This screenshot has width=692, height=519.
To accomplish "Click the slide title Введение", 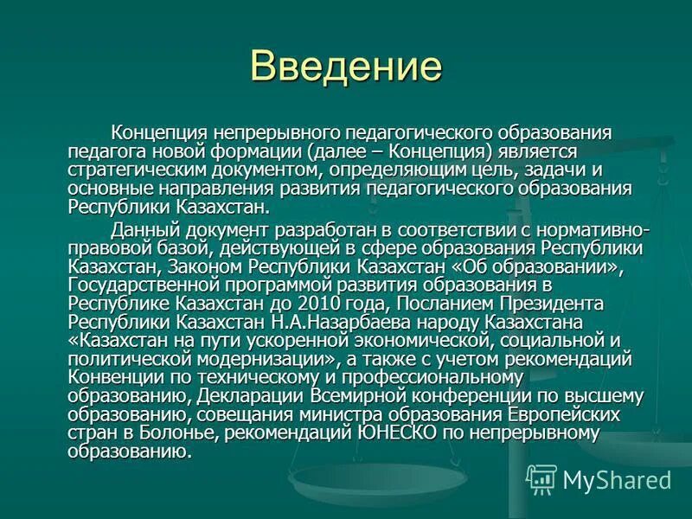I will tap(345, 67).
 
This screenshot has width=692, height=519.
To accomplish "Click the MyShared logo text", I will tap(616, 477).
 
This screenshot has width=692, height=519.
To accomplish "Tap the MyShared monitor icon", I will tap(541, 478).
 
